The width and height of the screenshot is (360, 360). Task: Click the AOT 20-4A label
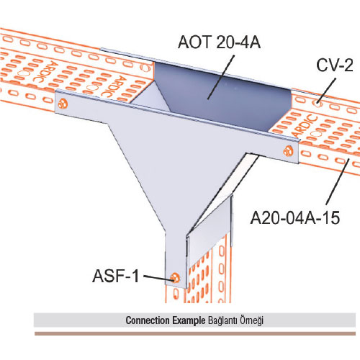tap(219, 42)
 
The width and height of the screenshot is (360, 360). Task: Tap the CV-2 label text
tap(335, 65)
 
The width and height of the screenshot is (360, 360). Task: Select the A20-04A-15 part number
tap(295, 218)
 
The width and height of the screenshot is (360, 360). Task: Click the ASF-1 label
tap(115, 276)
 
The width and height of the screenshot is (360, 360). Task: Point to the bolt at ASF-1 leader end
tap(175, 278)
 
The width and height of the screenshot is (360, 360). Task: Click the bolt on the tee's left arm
tap(63, 104)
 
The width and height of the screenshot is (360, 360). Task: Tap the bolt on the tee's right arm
tap(288, 150)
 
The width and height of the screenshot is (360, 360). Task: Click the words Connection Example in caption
tap(166, 320)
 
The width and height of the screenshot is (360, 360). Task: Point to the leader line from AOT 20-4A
tap(221, 77)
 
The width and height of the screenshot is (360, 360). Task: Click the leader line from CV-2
tap(326, 91)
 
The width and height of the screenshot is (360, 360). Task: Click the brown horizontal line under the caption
tap(195, 333)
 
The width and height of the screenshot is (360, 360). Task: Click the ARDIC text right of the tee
tap(305, 126)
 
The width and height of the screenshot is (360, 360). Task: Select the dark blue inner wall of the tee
tap(222, 96)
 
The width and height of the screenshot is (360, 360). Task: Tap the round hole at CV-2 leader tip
tap(318, 104)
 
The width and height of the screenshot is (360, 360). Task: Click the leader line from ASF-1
tap(158, 277)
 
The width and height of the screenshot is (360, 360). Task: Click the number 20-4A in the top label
tap(238, 42)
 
